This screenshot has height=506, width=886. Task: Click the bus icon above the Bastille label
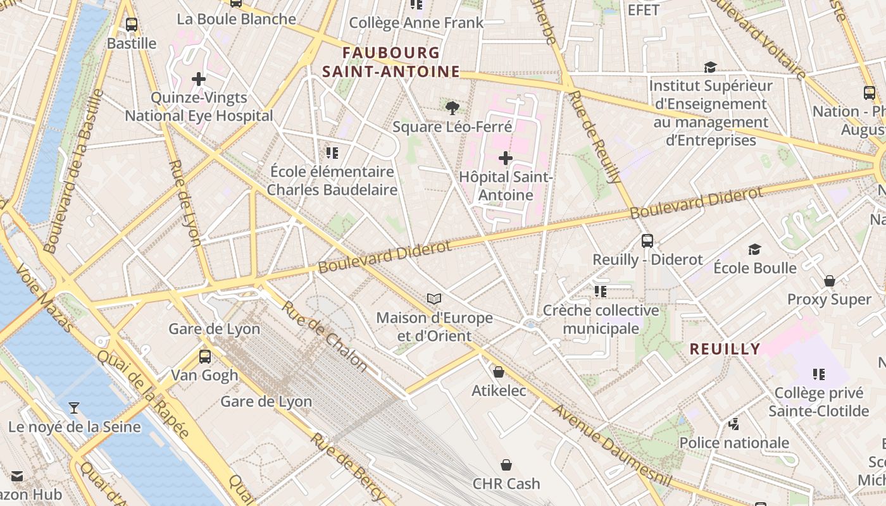[131, 25]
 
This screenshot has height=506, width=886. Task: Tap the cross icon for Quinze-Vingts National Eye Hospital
[199, 79]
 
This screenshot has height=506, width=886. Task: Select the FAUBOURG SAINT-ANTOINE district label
[390, 62]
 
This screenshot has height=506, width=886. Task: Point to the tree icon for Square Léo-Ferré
[452, 108]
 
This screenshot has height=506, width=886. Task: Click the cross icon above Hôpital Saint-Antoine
[505, 157]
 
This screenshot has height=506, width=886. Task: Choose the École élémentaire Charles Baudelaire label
[332, 180]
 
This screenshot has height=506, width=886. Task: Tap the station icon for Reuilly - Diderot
[647, 240]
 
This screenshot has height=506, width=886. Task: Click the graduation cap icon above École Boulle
[754, 249]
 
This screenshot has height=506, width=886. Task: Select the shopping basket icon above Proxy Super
[829, 280]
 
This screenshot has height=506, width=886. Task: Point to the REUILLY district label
[725, 349]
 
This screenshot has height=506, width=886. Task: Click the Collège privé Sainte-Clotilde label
[818, 402]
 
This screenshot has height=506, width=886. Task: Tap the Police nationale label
[734, 443]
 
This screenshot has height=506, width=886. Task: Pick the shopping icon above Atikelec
[499, 372]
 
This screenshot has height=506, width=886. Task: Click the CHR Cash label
[506, 483]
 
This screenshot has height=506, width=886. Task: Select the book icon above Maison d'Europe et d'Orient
[434, 299]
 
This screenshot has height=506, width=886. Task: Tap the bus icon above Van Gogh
[204, 356]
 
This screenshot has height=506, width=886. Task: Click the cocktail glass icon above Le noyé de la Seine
[74, 408]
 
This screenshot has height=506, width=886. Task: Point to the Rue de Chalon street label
[324, 336]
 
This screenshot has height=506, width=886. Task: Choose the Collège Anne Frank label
[416, 23]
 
